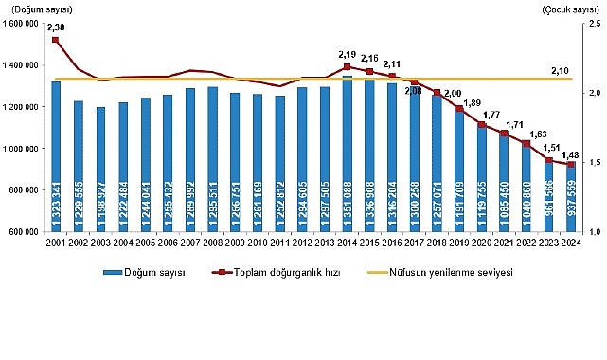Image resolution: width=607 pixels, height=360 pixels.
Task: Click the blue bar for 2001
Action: [56, 156]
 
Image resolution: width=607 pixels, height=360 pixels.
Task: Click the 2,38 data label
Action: [56, 27]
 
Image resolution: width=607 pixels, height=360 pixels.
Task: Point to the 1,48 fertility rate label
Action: [571, 153]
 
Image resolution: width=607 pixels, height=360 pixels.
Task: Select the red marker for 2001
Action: [56, 40]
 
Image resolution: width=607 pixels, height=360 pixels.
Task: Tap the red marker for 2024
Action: [570, 164]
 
